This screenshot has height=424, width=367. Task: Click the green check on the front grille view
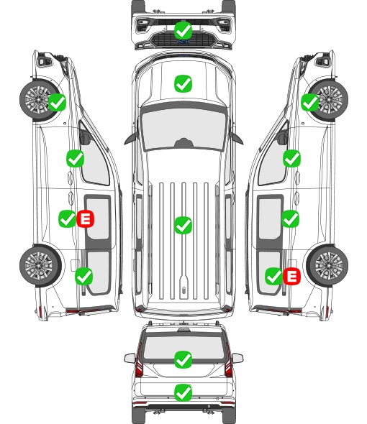click(183, 31)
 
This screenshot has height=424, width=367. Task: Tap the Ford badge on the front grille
click(183, 42)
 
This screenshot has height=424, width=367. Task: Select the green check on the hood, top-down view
click(183, 83)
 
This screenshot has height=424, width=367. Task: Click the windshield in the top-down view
click(183, 128)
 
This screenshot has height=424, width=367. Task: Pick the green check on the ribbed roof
click(183, 225)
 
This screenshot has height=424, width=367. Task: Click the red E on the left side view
click(86, 218)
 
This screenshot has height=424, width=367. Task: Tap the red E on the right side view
click(291, 277)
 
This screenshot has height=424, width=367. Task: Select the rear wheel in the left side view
click(40, 265)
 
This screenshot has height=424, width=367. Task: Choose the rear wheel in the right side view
click(327, 265)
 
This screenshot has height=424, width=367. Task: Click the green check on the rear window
click(183, 359)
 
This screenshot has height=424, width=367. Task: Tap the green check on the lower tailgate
click(183, 392)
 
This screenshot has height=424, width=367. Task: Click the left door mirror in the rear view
click(130, 358)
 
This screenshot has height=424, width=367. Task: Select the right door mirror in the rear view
click(237, 358)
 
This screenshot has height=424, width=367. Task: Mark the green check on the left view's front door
click(76, 158)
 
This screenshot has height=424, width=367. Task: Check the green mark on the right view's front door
click(291, 158)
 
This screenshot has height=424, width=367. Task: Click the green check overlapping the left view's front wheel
click(57, 103)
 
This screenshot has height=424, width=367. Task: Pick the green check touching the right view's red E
click(274, 277)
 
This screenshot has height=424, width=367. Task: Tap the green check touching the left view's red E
click(68, 218)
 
